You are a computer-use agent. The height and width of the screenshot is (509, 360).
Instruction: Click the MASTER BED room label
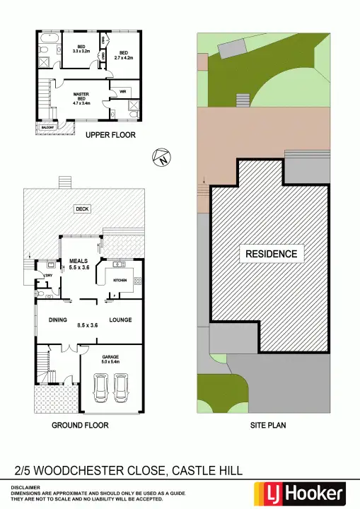point(82,98)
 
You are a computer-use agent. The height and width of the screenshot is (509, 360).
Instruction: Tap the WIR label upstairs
point(122,91)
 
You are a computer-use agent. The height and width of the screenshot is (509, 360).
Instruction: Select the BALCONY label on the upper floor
point(47,128)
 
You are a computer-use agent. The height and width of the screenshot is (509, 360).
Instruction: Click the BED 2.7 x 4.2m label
point(124,55)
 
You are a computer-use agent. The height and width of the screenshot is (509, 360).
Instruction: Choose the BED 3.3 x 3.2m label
point(82,49)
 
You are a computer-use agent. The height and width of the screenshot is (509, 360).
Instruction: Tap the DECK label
point(82,209)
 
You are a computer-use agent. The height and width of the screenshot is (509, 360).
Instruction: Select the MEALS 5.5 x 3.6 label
point(79,264)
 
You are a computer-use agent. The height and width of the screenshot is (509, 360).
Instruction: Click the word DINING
point(58,320)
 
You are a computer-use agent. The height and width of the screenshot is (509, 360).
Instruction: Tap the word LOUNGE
point(120,320)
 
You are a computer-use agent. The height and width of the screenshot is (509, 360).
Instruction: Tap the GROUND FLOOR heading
point(80,426)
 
